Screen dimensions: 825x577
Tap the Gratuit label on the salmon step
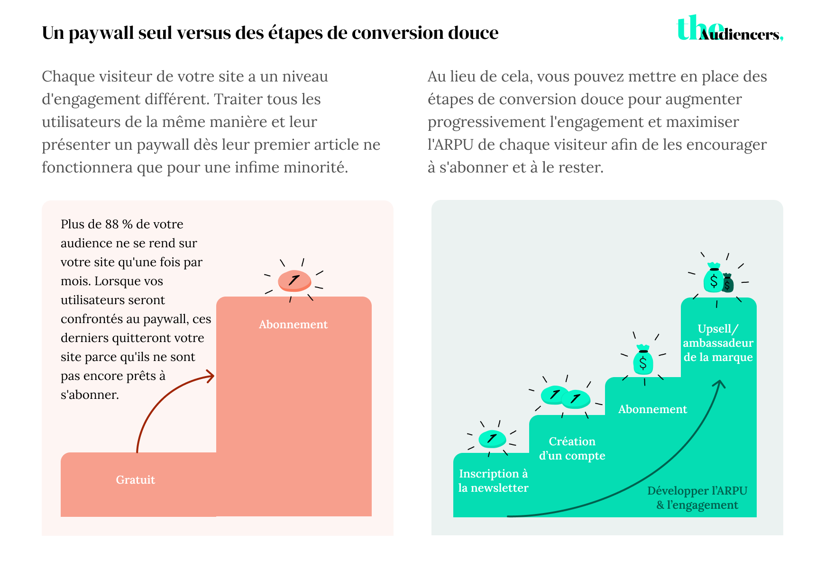136,480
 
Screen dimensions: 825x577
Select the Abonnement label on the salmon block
293,325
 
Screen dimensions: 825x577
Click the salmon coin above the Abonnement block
294,280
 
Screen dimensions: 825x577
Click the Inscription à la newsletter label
493,480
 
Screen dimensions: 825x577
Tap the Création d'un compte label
572,448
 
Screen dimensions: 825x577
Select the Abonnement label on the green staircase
652,409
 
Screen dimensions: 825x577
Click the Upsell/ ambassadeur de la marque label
718,343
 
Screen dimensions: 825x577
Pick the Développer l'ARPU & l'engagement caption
697,498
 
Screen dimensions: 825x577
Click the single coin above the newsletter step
492,439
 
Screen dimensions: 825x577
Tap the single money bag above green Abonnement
643,361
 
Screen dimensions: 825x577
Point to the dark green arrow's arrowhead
720,383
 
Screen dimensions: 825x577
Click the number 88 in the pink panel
112,224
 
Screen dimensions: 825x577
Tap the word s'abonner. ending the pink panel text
90,395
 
